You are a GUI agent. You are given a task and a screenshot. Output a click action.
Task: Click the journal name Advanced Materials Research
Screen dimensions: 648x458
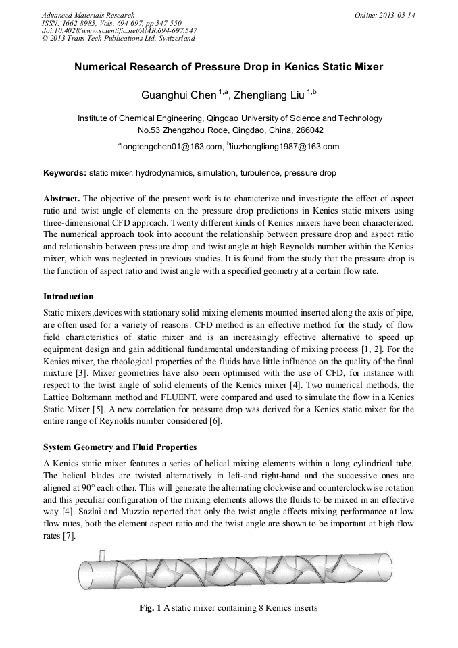88,15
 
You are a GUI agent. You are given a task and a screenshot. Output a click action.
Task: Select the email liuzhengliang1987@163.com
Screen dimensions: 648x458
284,146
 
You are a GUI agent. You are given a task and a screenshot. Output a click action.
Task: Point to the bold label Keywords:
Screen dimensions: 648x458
65,173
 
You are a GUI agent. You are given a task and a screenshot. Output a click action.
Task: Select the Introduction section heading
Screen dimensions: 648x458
68,296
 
